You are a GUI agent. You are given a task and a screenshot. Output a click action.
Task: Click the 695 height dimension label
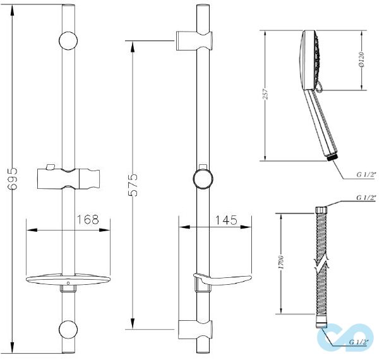[13, 179]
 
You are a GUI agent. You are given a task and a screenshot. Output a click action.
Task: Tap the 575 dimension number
[133, 185]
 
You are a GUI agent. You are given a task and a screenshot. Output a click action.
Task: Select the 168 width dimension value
[88, 219]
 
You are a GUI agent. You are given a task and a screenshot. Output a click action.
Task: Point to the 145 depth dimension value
[226, 220]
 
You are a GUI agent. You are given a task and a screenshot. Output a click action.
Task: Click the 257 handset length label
[266, 93]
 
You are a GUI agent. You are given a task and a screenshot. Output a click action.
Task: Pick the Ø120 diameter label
[361, 59]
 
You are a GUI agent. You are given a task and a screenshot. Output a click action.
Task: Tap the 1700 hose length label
[282, 262]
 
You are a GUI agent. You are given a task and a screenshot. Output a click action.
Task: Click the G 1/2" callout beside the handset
[366, 174]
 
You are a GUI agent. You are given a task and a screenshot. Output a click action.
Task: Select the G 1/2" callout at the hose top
[366, 198]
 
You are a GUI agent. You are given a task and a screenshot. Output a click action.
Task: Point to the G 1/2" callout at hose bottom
[359, 342]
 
